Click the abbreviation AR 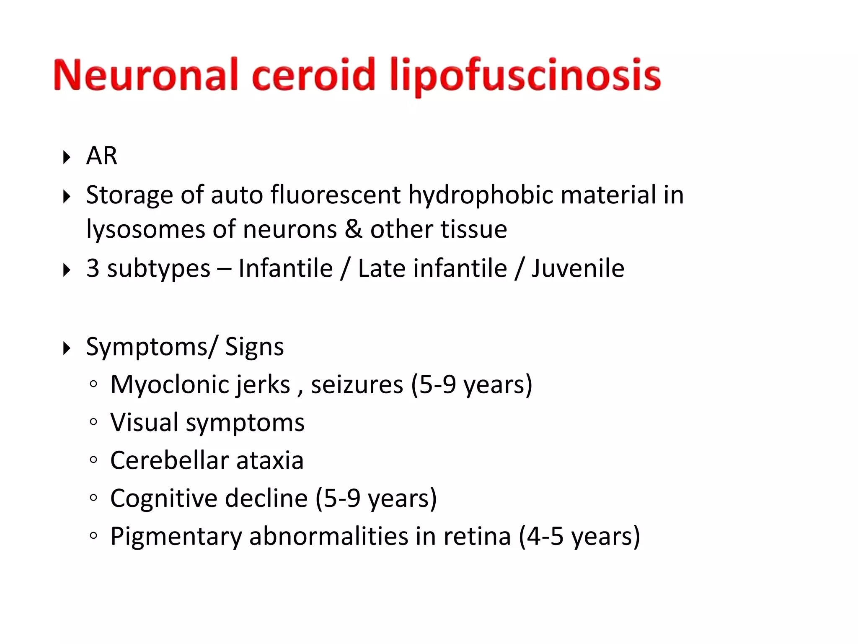101,156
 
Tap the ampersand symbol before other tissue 354,229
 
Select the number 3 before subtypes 93,268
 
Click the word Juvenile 578,268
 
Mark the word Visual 145,422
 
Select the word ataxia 270,460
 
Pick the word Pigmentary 176,536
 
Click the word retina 477,536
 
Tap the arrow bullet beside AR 66,158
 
